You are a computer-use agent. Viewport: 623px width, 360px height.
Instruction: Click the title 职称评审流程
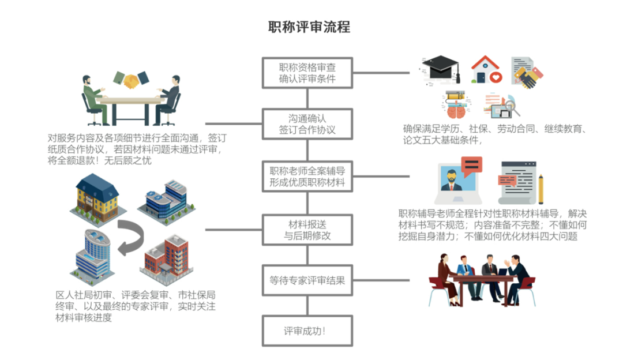(309, 27)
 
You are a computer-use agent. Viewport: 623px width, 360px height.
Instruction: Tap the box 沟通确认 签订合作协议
(307, 124)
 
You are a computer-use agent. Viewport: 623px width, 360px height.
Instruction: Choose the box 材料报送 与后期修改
(307, 229)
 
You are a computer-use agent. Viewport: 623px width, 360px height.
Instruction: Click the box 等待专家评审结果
(307, 281)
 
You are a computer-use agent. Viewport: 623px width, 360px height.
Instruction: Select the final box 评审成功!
(307, 331)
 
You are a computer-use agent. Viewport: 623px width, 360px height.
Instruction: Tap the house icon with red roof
(486, 70)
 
